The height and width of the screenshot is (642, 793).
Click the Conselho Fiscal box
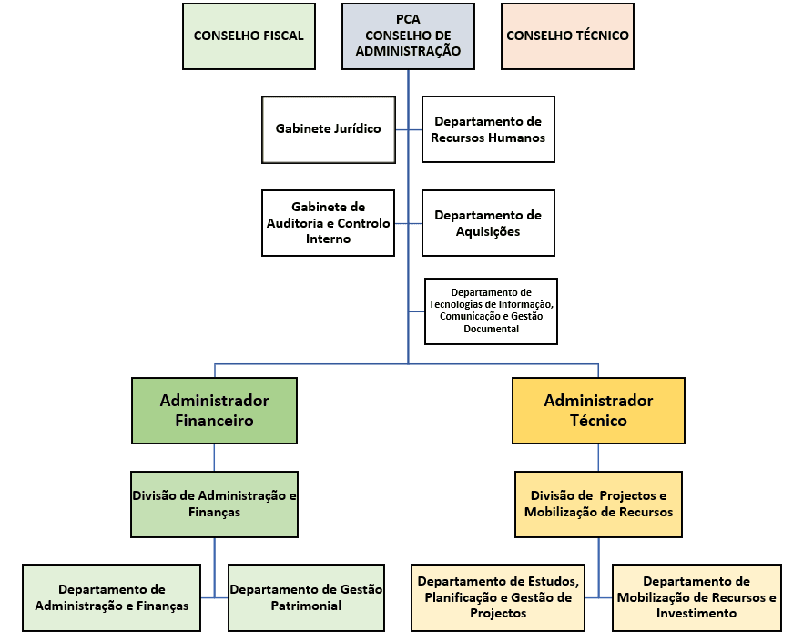[249, 36]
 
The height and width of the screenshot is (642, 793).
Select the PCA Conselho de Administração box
[409, 36]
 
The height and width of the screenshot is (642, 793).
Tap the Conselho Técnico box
[567, 36]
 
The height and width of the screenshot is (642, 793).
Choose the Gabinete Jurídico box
[328, 129]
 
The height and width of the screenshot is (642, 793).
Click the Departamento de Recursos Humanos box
[488, 129]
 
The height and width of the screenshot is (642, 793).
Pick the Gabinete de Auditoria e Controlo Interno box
[328, 222]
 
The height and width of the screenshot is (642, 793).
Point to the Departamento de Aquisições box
[488, 222]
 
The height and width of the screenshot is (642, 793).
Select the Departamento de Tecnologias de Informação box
[491, 311]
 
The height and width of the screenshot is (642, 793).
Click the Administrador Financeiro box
[214, 411]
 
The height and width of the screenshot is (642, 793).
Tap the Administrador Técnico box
[598, 411]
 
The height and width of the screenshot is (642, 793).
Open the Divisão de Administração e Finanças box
[214, 504]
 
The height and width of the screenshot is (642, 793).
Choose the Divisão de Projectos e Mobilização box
[598, 504]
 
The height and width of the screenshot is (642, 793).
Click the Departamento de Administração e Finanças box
[111, 597]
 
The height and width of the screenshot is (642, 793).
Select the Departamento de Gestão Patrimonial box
[306, 597]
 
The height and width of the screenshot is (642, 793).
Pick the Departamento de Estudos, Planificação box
[498, 597]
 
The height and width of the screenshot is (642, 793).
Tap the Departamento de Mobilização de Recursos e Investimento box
[696, 597]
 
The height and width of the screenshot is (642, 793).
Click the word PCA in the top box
[409, 19]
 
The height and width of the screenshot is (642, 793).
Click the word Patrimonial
[306, 606]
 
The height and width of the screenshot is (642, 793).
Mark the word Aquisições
[488, 231]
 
